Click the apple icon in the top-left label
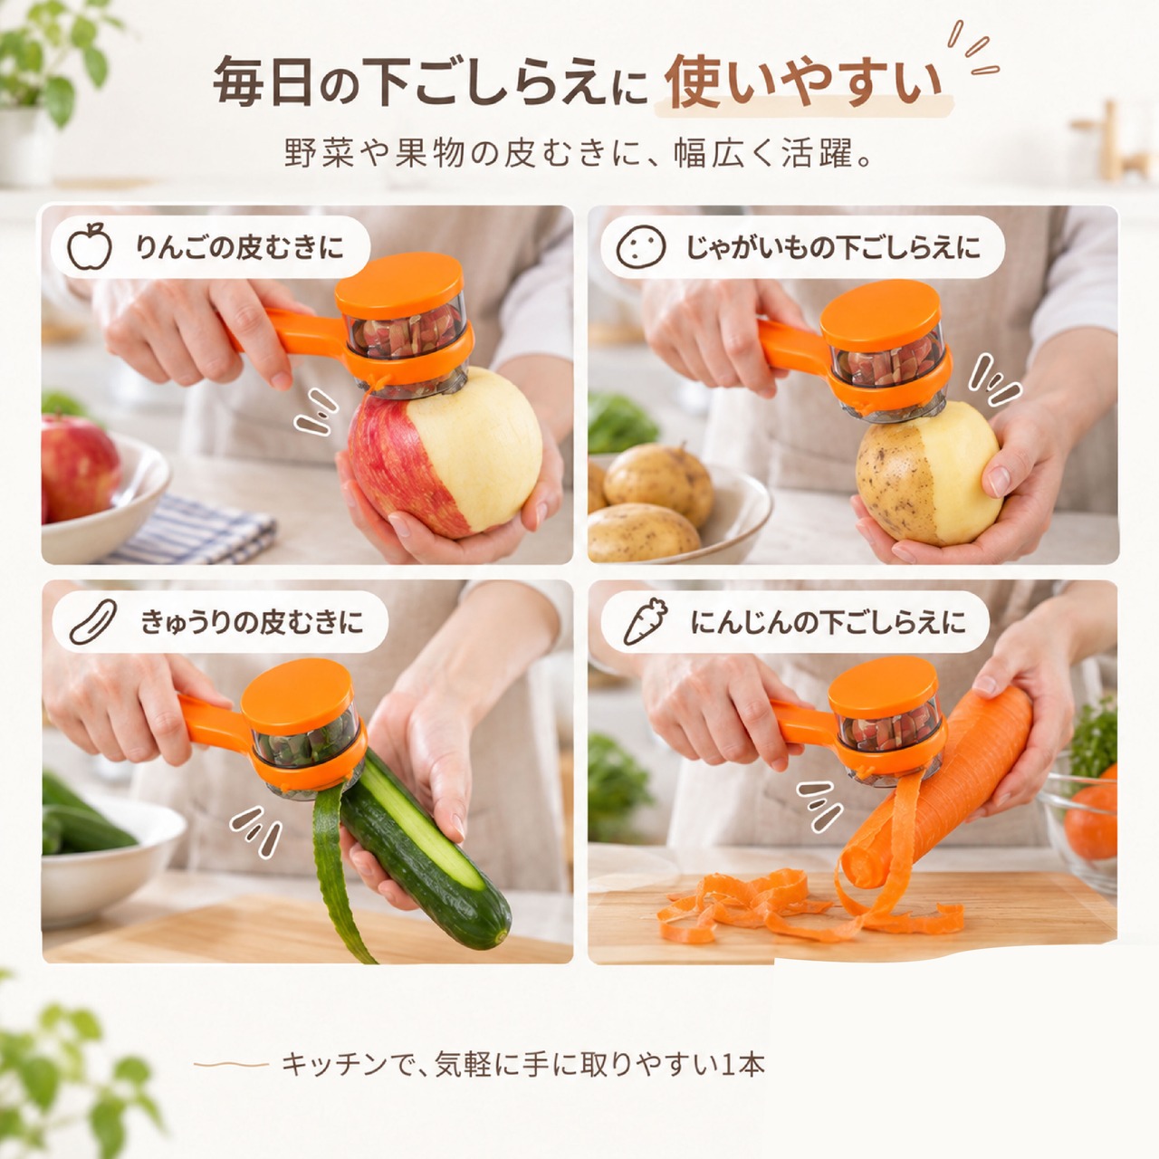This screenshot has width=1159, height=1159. (x=90, y=245)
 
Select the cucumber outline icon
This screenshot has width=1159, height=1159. (x=92, y=622)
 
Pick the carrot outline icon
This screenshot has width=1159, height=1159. (x=646, y=622)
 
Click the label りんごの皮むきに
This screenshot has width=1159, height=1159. (x=240, y=246)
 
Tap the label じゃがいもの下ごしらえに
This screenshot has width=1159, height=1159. (x=834, y=246)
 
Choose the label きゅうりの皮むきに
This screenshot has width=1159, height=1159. (x=252, y=622)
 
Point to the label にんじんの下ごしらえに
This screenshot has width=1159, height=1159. (x=829, y=622)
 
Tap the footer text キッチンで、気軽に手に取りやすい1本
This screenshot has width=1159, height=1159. (x=523, y=1064)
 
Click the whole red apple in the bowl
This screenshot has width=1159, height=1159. (x=79, y=467)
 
